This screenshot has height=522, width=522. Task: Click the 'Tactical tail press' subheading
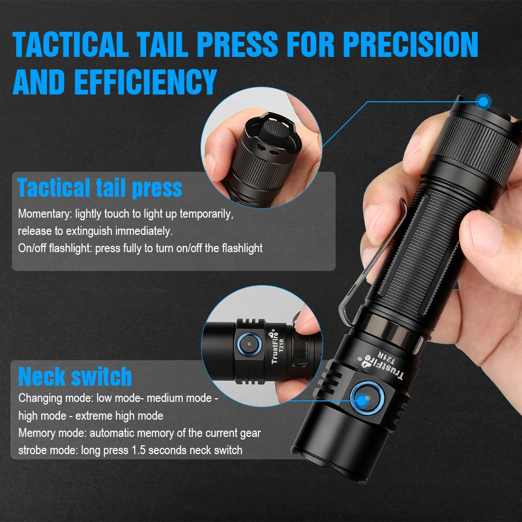click(x=100, y=188)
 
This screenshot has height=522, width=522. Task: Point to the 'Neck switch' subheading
click(x=75, y=376)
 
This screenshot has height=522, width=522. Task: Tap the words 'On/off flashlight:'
click(x=55, y=248)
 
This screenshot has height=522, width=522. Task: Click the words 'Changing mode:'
click(x=56, y=398)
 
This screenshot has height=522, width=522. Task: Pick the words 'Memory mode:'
click(x=53, y=433)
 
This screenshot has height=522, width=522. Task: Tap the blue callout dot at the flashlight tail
click(x=484, y=101)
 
